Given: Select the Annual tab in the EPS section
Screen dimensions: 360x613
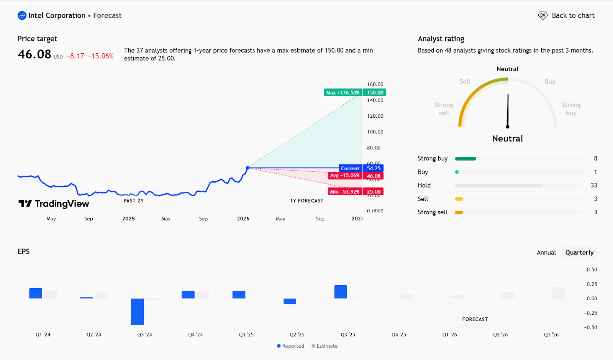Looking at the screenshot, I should (546, 253).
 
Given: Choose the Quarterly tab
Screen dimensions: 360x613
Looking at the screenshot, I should (579, 253).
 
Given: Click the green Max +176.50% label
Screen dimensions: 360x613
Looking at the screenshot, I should (343, 92).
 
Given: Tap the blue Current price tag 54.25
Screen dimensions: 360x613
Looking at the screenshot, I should (373, 168).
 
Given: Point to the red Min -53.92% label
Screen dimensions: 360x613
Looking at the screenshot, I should (344, 192).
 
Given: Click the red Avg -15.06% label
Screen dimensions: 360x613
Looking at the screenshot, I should (345, 176).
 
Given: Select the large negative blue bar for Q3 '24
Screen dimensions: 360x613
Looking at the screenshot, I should (137, 311).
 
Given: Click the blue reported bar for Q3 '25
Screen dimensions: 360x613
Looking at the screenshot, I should (341, 292).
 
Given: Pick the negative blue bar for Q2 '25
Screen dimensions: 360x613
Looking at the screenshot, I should (290, 301).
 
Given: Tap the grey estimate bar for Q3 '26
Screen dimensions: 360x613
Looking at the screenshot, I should (559, 293).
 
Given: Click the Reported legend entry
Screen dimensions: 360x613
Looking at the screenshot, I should (290, 346).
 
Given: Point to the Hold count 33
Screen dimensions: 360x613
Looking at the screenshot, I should (593, 186).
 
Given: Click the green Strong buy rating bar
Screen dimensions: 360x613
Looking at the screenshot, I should (465, 159).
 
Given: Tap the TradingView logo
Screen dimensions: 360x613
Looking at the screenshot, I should (54, 204).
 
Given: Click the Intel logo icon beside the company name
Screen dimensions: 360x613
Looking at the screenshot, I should (22, 16).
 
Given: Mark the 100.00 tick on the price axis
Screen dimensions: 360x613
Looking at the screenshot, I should (375, 132).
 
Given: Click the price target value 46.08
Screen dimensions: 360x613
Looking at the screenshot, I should (34, 54).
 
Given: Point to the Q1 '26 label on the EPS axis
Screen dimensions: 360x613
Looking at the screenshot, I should (449, 335).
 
